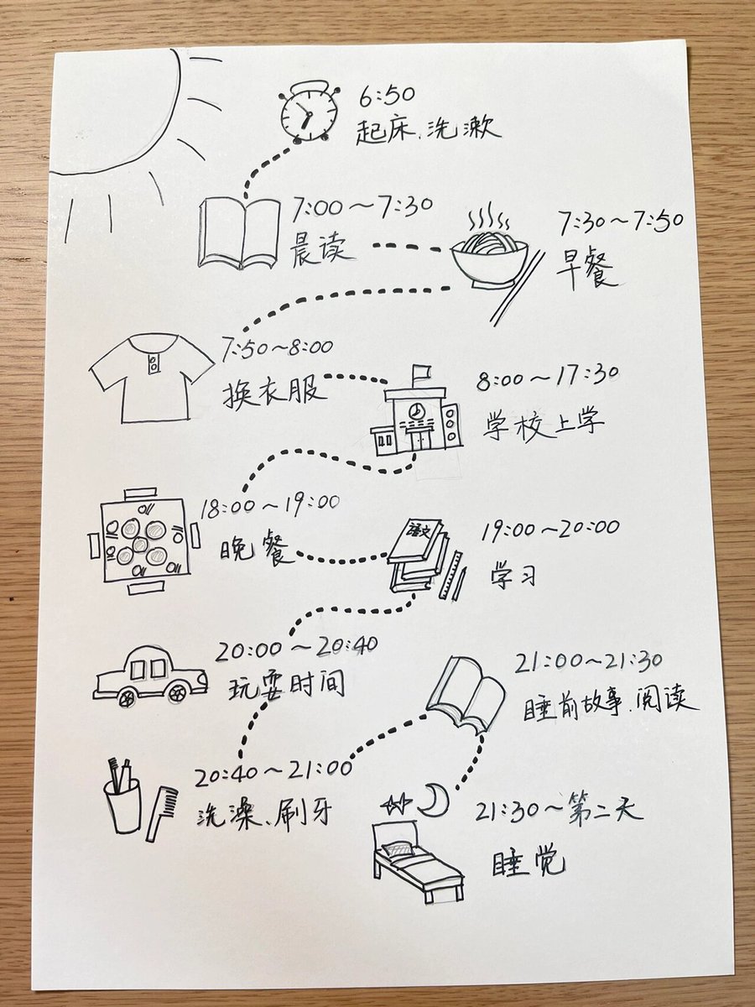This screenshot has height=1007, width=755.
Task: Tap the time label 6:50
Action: pyautogui.click(x=387, y=96)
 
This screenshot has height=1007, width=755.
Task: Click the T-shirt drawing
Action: pyautogui.click(x=152, y=378)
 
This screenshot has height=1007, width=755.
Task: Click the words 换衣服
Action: pyautogui.click(x=275, y=393)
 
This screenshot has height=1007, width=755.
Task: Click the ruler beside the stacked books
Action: pyautogui.click(x=450, y=574)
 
